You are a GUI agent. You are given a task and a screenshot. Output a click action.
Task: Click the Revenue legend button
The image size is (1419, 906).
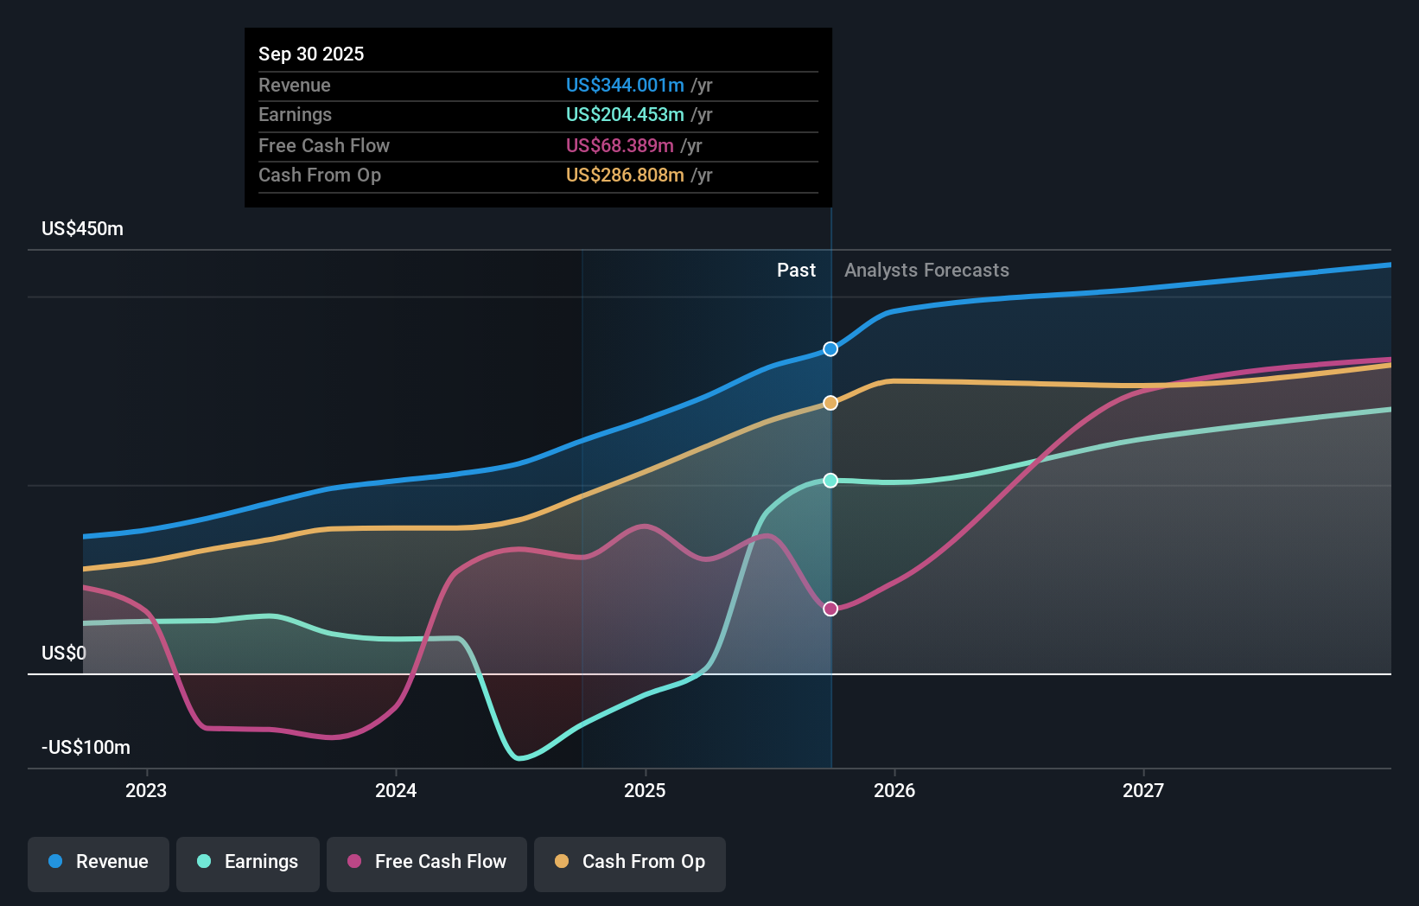tap(99, 862)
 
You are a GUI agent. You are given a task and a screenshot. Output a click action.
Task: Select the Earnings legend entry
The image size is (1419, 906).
tap(248, 862)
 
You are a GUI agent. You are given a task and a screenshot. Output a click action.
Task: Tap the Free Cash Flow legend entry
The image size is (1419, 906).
tap(427, 862)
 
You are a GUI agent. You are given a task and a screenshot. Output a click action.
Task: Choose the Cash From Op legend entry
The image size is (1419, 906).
tap(630, 862)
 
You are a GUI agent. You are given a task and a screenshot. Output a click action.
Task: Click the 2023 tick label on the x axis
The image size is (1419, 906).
tap(146, 790)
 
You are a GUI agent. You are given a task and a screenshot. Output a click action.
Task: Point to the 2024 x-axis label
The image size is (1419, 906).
tap(396, 790)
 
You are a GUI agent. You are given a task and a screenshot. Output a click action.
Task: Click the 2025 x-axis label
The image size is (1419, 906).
tap(645, 790)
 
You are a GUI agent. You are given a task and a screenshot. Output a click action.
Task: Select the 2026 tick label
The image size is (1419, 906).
tap(894, 790)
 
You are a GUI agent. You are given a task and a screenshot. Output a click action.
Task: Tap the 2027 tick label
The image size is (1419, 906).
tap(1143, 790)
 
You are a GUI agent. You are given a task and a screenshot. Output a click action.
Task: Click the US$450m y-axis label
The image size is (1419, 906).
tap(82, 229)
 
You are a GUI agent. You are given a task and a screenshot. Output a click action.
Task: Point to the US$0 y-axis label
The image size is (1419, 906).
tap(64, 653)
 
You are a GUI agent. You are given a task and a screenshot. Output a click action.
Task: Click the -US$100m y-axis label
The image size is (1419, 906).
tap(86, 748)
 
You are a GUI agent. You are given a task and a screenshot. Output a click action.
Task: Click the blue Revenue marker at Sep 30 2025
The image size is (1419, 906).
tap(830, 349)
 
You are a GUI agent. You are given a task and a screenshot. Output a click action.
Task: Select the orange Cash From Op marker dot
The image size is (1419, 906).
tap(830, 403)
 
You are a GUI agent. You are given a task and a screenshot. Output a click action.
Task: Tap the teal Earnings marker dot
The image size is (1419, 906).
tap(830, 481)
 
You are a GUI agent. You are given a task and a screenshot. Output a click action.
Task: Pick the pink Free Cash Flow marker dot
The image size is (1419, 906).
tap(830, 609)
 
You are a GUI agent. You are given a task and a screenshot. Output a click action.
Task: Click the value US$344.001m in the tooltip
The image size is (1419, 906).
tap(625, 86)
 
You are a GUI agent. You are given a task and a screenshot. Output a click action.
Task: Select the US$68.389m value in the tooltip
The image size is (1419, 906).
tap(620, 146)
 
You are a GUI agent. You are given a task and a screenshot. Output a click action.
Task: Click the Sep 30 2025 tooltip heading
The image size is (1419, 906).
tap(311, 54)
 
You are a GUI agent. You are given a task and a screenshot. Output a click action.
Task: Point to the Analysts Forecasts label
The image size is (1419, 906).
tap(926, 271)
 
